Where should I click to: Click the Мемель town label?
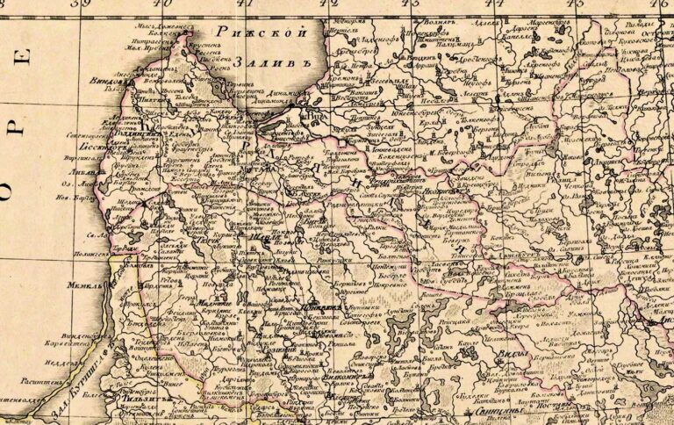pos(82,285)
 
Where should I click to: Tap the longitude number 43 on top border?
pos(409,4)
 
